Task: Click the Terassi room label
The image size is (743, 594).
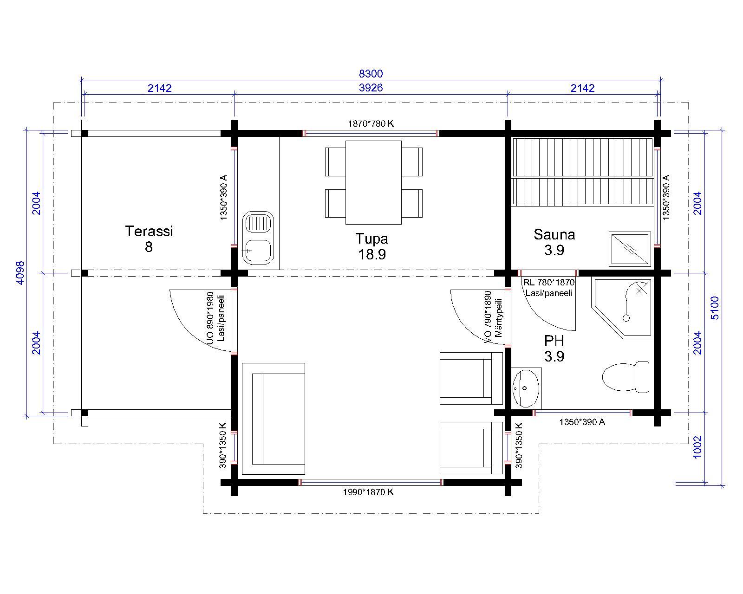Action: click(149, 231)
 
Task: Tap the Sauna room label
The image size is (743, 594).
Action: click(554, 235)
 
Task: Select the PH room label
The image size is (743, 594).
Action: click(554, 341)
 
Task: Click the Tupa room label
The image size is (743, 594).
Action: click(371, 239)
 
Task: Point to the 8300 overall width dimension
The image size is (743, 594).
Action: click(371, 74)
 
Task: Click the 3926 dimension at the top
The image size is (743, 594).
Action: click(371, 88)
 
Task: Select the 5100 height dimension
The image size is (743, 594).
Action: click(715, 308)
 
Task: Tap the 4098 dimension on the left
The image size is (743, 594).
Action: click(20, 273)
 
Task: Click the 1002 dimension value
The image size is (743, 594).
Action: click(697, 447)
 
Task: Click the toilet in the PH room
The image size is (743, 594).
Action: click(625, 377)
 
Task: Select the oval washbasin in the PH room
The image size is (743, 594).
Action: click(526, 388)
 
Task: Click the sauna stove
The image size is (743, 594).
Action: click(630, 249)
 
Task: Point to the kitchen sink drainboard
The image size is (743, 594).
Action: click(258, 223)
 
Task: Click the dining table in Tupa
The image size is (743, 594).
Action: click(373, 182)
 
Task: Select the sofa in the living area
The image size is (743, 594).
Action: click(273, 419)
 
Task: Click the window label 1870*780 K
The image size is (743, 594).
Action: click(371, 123)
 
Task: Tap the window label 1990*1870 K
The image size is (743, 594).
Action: click(368, 492)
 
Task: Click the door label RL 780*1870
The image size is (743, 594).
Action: click(548, 282)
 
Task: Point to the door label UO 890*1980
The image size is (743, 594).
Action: click(210, 318)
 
